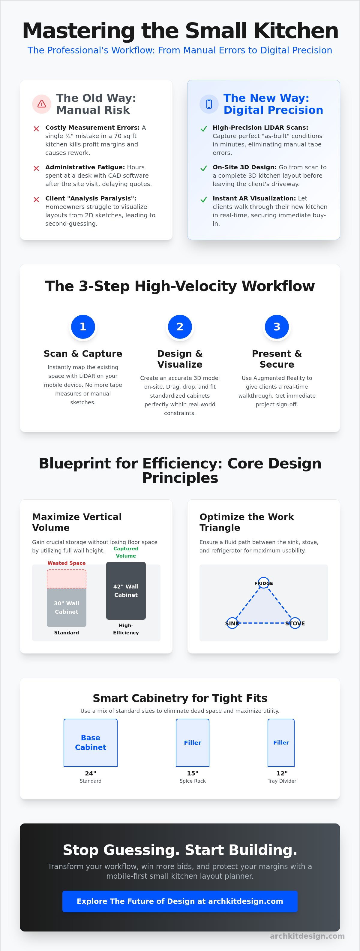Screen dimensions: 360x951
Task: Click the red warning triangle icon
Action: pos(42,104)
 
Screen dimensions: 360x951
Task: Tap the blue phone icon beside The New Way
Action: pos(209,104)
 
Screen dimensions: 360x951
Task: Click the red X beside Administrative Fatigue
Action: pos(36,168)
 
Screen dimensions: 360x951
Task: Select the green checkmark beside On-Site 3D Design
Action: pos(203,168)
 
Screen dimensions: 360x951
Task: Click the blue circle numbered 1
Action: pos(83,327)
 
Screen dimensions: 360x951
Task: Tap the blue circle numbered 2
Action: pos(180,327)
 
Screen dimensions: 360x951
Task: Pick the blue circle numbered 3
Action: pos(277,327)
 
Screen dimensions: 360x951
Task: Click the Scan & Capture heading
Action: pos(83,354)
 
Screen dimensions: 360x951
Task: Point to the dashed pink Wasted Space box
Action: pos(67,579)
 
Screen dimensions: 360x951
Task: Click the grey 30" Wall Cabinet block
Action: pos(67,607)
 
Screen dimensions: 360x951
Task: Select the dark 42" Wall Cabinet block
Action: pos(126,591)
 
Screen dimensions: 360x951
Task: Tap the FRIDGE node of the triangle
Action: pos(264,583)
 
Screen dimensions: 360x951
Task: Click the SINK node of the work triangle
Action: pos(232,623)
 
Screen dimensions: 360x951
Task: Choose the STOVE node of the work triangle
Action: pos(295,623)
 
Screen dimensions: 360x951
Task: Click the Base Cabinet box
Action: pos(91,743)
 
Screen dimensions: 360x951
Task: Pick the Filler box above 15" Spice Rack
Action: pos(192,743)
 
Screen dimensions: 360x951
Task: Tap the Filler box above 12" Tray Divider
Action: pos(281,743)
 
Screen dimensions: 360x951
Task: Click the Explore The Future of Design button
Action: pos(180,901)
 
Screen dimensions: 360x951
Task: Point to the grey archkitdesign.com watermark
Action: pos(307,936)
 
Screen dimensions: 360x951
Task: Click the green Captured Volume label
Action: pos(126,552)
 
